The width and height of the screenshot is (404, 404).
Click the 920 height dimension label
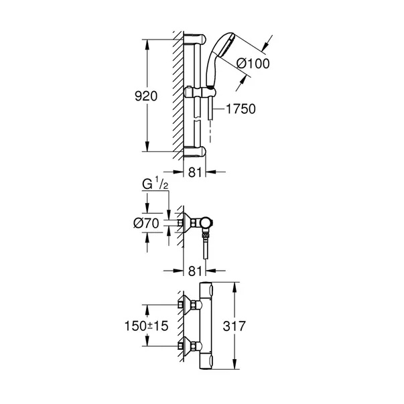pos(146,96)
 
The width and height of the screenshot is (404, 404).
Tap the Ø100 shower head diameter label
pos(253,64)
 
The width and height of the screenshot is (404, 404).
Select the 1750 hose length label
pos(241,109)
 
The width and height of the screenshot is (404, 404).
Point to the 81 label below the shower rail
pos(194,172)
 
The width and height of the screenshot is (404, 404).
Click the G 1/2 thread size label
pos(155,184)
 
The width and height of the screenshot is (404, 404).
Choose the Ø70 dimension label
pos(146,223)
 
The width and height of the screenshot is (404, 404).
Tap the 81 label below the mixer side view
pos(194,271)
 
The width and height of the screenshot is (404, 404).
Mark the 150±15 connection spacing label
pos(146,326)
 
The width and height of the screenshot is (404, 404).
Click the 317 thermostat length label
pos(234,326)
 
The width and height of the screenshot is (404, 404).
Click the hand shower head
pos(220,60)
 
